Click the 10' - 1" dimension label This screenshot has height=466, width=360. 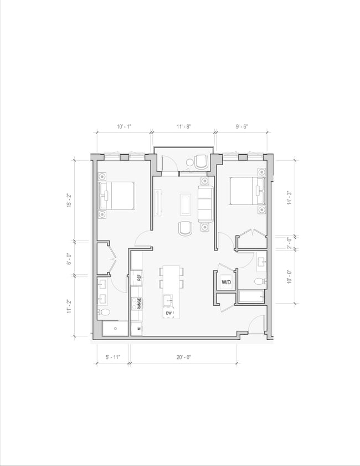click(124, 127)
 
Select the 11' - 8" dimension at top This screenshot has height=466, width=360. click(184, 127)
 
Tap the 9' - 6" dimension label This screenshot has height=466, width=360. click(241, 127)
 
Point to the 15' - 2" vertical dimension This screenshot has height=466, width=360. click(69, 200)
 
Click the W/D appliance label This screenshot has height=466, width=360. click(227, 283)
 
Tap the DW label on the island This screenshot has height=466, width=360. click(169, 313)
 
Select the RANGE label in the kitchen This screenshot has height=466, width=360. click(140, 304)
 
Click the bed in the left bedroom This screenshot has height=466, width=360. click(118, 196)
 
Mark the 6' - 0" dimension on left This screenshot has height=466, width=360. click(69, 258)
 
